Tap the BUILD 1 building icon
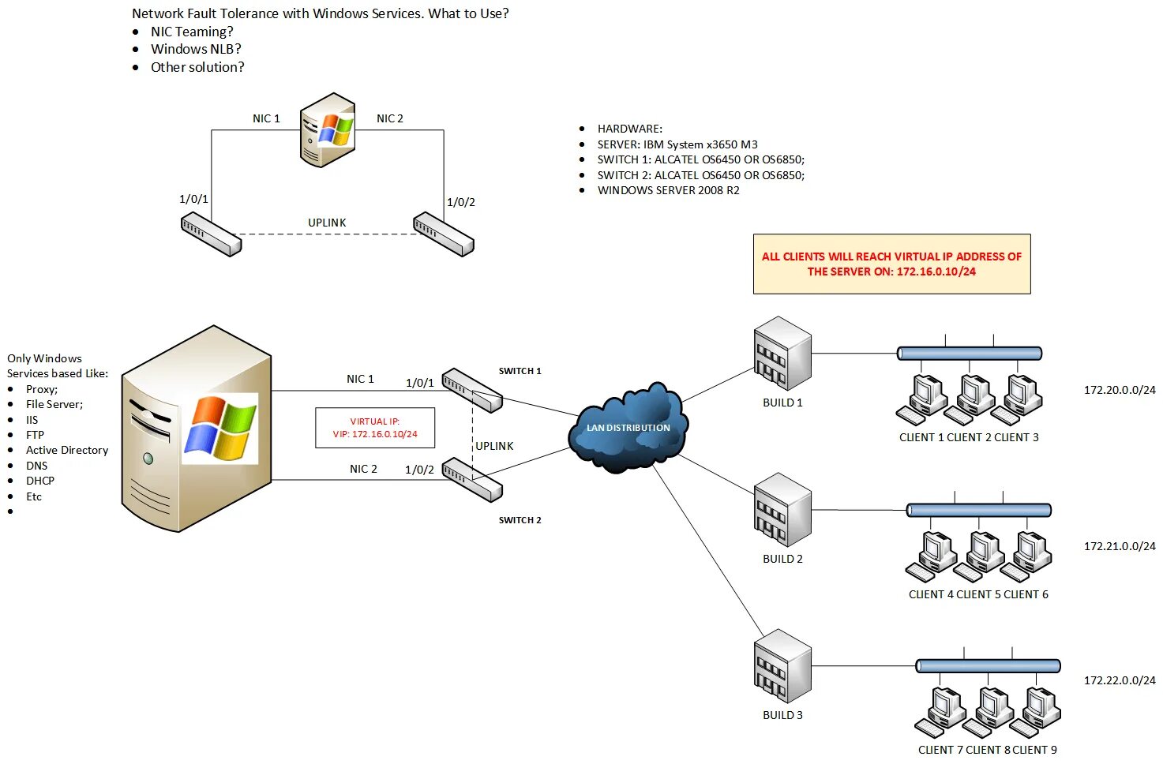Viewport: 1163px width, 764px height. (x=782, y=353)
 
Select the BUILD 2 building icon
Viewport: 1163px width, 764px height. (x=782, y=509)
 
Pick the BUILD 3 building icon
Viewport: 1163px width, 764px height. (x=782, y=665)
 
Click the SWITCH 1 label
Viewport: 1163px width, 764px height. (x=520, y=371)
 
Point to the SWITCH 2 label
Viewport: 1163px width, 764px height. (x=520, y=520)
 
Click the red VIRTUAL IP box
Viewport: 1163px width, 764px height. (x=375, y=428)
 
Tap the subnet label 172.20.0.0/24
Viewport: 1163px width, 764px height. (x=1119, y=390)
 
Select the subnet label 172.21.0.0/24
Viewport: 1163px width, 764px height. (x=1119, y=546)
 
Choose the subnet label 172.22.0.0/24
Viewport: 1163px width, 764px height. (x=1119, y=680)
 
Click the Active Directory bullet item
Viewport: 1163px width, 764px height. (x=67, y=450)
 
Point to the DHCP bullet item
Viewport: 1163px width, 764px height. (x=40, y=481)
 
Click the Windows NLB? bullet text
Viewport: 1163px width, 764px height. (x=196, y=49)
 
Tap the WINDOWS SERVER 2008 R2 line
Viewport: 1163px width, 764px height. (x=668, y=190)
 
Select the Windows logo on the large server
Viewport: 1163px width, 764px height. (x=220, y=428)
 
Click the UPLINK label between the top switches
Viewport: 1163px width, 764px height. (x=327, y=223)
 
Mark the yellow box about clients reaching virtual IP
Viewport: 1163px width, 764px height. (x=891, y=264)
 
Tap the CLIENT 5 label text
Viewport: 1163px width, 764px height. (x=978, y=594)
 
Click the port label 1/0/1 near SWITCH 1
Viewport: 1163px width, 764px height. (x=419, y=383)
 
